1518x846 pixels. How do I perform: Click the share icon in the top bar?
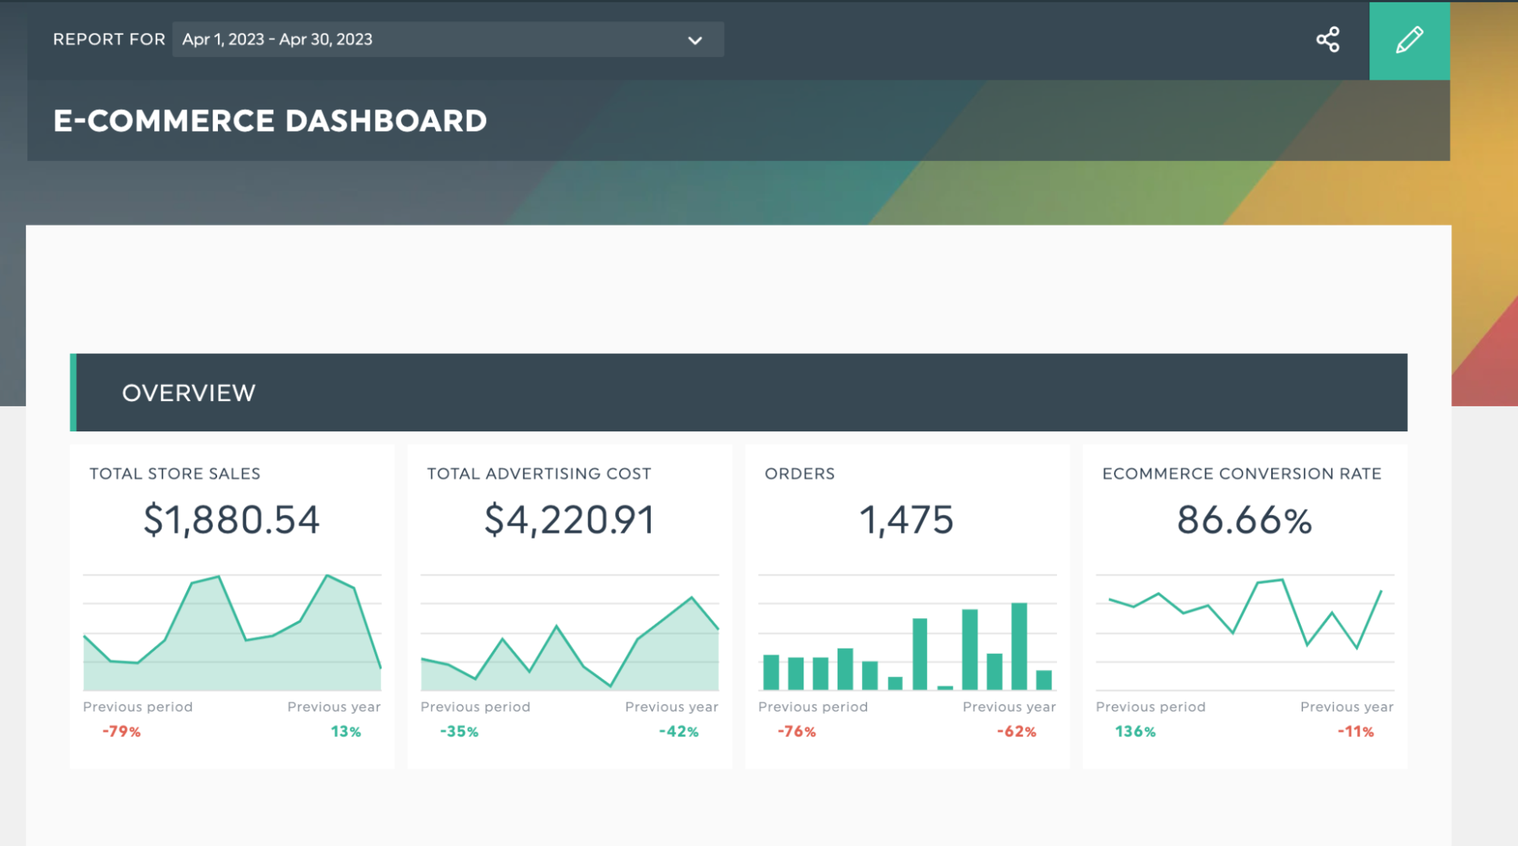(1327, 39)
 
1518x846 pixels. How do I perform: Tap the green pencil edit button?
(1409, 40)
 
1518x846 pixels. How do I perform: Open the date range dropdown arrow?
(695, 40)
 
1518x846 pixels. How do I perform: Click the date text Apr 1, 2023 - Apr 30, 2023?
(277, 39)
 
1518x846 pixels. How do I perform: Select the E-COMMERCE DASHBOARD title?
(270, 121)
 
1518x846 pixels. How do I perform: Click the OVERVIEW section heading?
(189, 393)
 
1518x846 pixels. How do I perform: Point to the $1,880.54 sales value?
(232, 520)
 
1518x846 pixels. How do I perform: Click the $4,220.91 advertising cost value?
(570, 520)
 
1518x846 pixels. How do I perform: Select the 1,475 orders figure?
(907, 520)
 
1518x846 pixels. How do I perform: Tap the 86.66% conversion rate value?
(1245, 520)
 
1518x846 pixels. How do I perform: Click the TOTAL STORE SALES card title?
(175, 474)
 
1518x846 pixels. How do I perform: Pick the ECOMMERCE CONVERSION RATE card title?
(1242, 474)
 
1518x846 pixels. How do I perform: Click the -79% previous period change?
(122, 731)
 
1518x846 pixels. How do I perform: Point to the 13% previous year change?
(346, 731)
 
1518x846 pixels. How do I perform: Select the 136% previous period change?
(1135, 731)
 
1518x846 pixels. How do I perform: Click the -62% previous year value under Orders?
(1016, 731)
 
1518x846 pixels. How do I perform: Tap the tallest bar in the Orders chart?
(1019, 646)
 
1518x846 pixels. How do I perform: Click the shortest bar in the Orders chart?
(945, 688)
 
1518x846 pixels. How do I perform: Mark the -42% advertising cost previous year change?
(678, 731)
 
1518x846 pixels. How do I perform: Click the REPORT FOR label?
(109, 39)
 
